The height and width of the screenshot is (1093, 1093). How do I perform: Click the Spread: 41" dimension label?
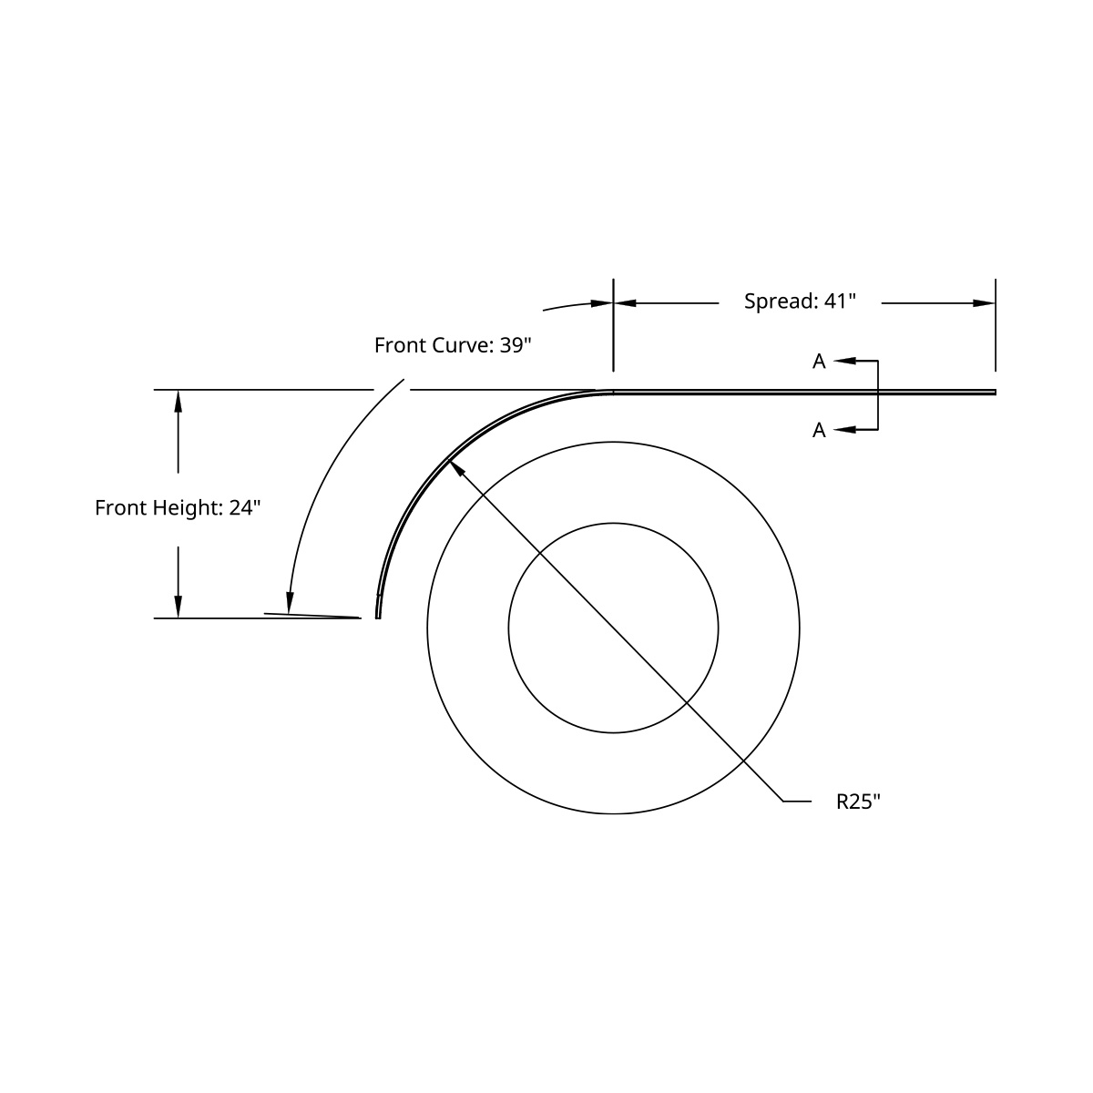(x=800, y=301)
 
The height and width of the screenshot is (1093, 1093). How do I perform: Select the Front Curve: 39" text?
(x=452, y=345)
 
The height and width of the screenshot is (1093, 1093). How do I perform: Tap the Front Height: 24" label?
(x=178, y=507)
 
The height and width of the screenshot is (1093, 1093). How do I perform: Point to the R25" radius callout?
(x=858, y=802)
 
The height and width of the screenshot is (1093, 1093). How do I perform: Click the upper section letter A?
(x=819, y=362)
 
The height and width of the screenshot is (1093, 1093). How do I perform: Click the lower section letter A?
(x=819, y=430)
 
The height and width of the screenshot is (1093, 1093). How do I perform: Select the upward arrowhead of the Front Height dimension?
(x=178, y=401)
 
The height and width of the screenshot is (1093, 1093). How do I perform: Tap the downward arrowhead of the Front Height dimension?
(x=178, y=607)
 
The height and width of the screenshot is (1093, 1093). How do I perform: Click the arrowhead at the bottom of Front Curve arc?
(x=290, y=602)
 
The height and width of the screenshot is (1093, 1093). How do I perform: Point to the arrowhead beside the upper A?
(x=843, y=362)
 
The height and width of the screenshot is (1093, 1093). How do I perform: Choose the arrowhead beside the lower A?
(x=843, y=429)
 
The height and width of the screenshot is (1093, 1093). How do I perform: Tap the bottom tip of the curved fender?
(x=378, y=616)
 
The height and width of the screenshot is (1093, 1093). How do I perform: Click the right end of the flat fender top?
(x=994, y=393)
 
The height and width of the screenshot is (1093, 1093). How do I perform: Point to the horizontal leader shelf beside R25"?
(x=797, y=802)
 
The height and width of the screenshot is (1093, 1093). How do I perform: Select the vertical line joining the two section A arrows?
(x=877, y=395)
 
